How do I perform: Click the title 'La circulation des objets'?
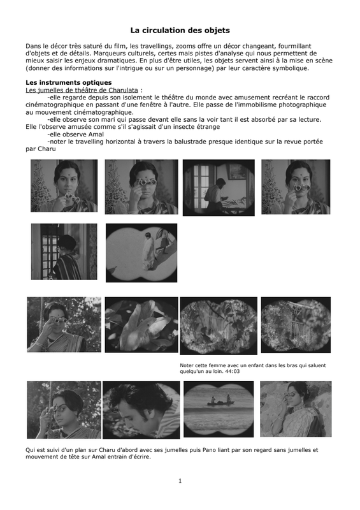pyautogui.click(x=180, y=30)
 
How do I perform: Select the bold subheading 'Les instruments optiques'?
pyautogui.click(x=69, y=83)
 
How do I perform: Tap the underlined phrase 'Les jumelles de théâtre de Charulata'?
pyautogui.click(x=82, y=90)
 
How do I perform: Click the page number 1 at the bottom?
pyautogui.click(x=180, y=481)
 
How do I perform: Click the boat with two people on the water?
pyautogui.click(x=220, y=402)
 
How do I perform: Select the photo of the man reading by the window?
pyautogui.click(x=219, y=187)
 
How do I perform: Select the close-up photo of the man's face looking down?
pyautogui.click(x=141, y=410)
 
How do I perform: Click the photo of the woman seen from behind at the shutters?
pyautogui.click(x=64, y=251)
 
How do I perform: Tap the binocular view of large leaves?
pyautogui.click(x=141, y=324)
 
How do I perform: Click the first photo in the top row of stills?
pyautogui.click(x=64, y=186)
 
